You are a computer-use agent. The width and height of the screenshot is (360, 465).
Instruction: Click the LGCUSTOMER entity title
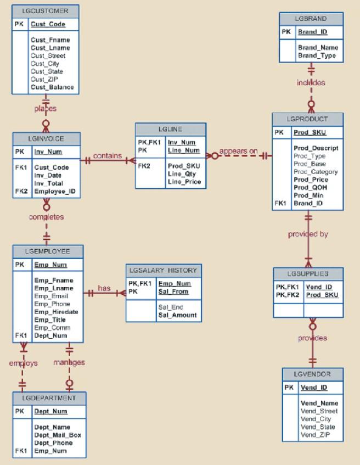[46, 11]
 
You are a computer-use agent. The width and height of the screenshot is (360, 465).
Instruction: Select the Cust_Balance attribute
[52, 87]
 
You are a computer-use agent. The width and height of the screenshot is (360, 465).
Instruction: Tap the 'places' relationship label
[46, 109]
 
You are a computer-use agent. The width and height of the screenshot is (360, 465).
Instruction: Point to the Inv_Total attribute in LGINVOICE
[49, 183]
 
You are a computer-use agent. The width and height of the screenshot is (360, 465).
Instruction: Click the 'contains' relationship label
[107, 156]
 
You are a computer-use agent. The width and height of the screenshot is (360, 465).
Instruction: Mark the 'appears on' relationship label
[239, 151]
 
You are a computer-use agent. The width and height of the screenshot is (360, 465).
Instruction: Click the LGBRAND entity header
[311, 19]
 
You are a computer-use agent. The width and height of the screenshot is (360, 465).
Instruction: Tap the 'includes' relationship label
[311, 83]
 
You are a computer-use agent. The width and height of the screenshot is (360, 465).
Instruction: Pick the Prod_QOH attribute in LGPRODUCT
[311, 188]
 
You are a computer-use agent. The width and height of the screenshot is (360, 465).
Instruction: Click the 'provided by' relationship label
[308, 234]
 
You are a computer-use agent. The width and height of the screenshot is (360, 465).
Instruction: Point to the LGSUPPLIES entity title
[308, 273]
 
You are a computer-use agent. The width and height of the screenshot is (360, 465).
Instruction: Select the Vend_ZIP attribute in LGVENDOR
[314, 435]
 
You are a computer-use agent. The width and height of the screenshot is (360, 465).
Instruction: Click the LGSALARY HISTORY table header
[163, 271]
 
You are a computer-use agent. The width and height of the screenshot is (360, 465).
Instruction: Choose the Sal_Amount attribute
[177, 315]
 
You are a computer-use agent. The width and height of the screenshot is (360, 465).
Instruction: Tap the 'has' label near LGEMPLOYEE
[104, 288]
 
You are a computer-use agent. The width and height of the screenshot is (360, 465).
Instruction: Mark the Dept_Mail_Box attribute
[58, 435]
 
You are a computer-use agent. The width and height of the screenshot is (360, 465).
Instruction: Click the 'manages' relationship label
[69, 362]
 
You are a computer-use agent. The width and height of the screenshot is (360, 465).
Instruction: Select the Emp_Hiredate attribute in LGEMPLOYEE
[56, 312]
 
